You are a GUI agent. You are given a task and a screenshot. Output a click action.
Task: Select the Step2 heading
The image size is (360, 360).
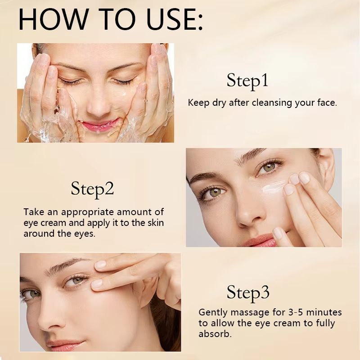[92, 189]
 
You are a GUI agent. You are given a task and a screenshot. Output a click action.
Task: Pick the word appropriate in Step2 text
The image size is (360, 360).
[85, 212]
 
